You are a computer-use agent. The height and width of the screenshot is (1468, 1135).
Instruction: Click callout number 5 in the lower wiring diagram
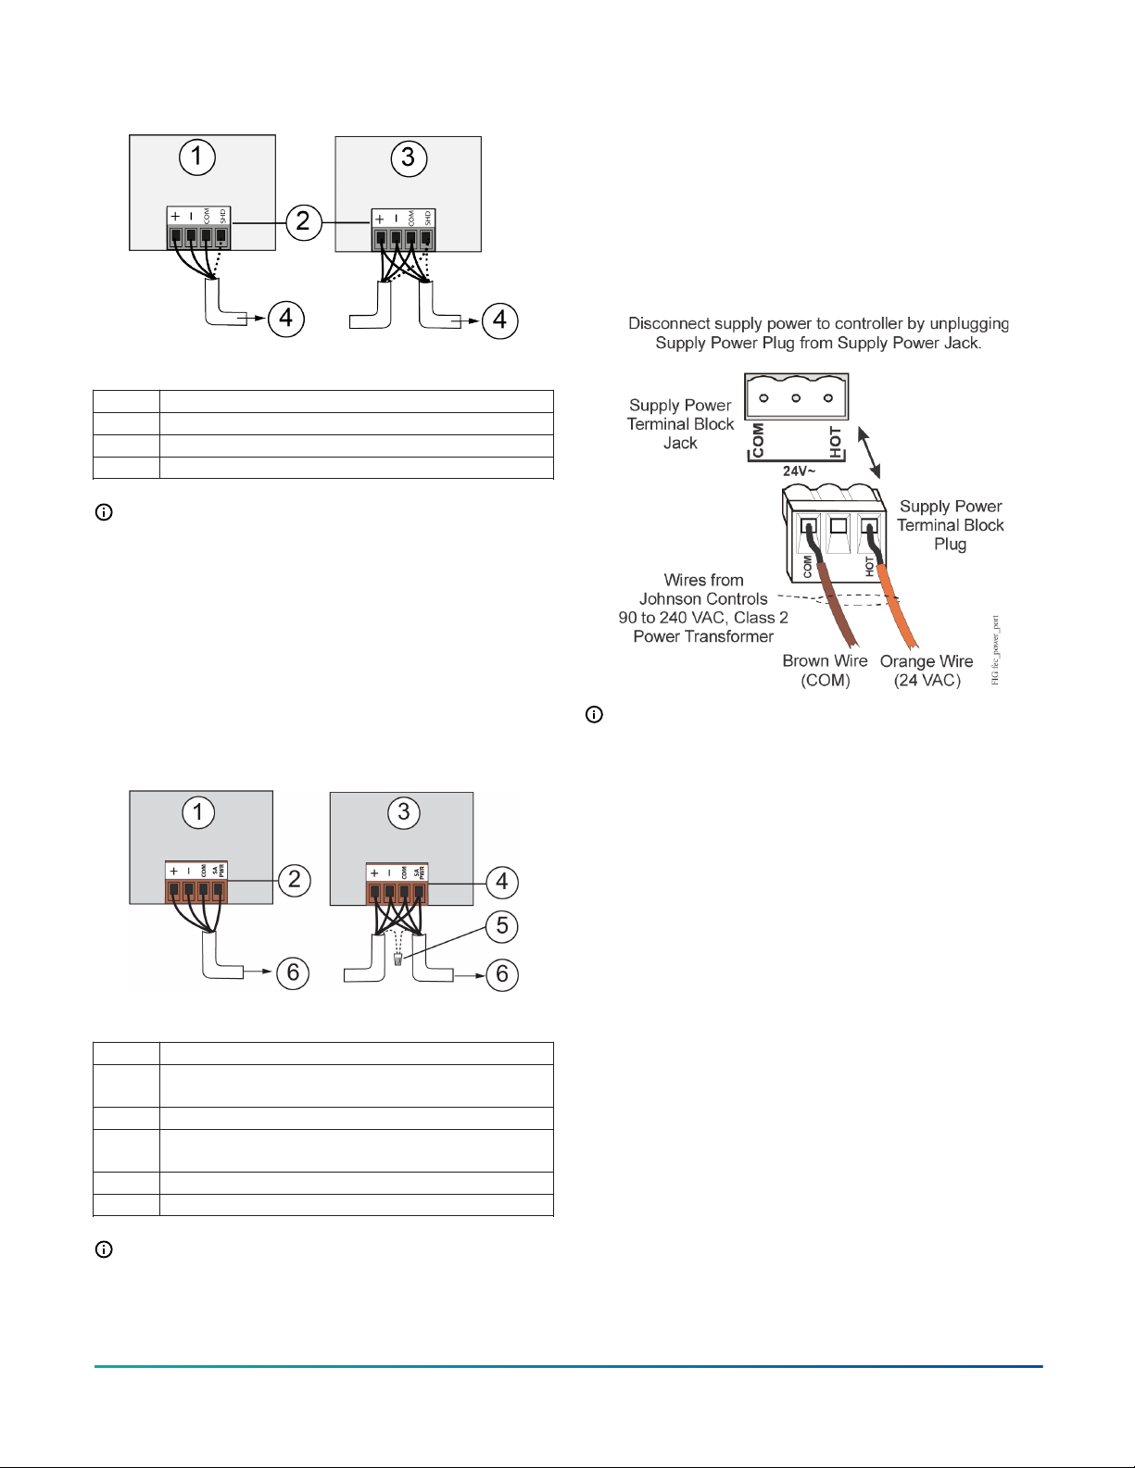(x=501, y=925)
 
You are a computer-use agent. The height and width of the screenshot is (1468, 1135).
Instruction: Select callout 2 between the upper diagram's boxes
(x=303, y=221)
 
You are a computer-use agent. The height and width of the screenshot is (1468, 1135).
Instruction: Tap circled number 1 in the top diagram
(x=196, y=157)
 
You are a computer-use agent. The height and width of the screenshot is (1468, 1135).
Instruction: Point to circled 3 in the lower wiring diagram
(x=403, y=812)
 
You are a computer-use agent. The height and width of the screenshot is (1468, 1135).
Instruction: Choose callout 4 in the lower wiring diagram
(x=501, y=881)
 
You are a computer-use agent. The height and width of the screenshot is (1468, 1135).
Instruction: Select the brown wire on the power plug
(x=839, y=611)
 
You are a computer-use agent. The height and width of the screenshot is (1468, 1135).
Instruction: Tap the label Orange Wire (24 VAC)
(x=927, y=671)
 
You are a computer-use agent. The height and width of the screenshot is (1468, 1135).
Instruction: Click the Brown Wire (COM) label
(x=825, y=671)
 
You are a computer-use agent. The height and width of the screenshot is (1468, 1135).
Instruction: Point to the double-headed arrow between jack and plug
(x=869, y=451)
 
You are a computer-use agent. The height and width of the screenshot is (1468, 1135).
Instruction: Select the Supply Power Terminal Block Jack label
(x=680, y=424)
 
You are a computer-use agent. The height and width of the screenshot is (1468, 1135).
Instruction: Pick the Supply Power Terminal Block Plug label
(x=951, y=525)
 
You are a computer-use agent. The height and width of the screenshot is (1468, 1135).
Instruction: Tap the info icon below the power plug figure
(x=595, y=715)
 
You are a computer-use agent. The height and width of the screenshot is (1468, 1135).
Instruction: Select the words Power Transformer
(x=703, y=636)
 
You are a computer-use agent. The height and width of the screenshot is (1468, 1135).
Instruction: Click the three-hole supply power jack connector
(x=796, y=397)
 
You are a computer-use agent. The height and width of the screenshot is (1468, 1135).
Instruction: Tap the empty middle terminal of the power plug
(x=839, y=526)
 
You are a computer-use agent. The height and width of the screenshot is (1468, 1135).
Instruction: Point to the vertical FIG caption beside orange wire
(x=996, y=650)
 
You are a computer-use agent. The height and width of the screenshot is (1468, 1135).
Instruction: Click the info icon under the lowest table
(x=105, y=1249)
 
